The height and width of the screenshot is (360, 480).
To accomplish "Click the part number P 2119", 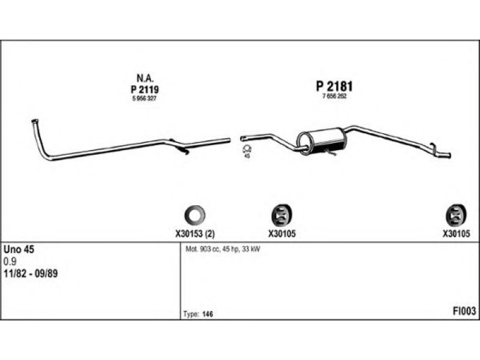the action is [x=145, y=89].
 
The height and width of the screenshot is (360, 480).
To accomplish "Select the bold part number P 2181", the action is [x=334, y=86].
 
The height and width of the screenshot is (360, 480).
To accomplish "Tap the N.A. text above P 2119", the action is [x=145, y=79].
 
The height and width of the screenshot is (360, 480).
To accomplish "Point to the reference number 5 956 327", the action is [x=145, y=98].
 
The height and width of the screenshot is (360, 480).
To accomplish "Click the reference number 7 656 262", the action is [x=334, y=97].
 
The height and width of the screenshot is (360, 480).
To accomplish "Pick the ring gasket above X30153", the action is [x=194, y=215].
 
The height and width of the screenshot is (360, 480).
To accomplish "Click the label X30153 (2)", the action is [x=195, y=234].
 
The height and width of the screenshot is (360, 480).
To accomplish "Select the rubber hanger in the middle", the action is [x=282, y=215].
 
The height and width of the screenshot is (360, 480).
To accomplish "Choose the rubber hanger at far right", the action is [x=456, y=215].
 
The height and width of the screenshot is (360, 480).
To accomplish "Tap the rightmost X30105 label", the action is [x=456, y=234].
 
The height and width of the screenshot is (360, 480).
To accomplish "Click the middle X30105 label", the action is [x=282, y=234].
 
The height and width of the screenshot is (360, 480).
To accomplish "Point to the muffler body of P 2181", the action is [x=322, y=141].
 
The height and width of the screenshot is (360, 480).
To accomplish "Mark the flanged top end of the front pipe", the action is [x=35, y=122].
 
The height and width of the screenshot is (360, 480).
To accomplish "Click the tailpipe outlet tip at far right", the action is [x=449, y=155].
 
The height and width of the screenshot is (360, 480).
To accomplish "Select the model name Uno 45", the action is [x=19, y=250].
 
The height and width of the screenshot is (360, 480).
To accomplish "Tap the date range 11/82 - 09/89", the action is [x=31, y=274].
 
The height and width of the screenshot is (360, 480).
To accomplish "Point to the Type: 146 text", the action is [x=198, y=314].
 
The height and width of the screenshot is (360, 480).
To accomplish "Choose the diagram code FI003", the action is [x=464, y=311].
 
